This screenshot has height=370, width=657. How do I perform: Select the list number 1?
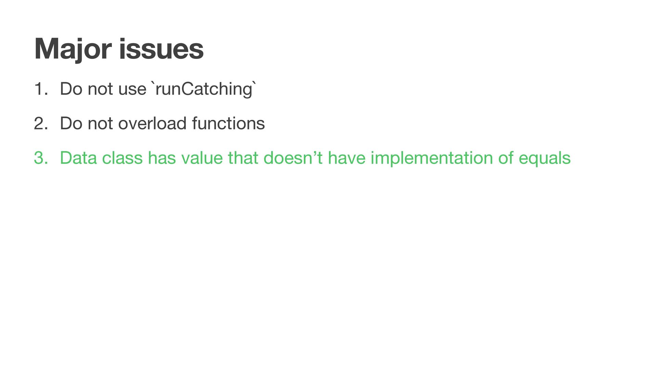pyautogui.click(x=41, y=89)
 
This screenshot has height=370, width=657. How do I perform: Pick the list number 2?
pyautogui.click(x=41, y=124)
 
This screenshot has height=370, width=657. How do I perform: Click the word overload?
pyautogui.click(x=152, y=123)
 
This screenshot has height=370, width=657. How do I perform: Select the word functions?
pyautogui.click(x=228, y=123)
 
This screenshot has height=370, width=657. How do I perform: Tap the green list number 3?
pyautogui.click(x=41, y=158)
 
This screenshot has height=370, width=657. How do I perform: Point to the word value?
pyautogui.click(x=202, y=158)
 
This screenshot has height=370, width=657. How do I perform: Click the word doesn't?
pyautogui.click(x=293, y=158)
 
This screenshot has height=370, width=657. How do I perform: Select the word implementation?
pyautogui.click(x=431, y=158)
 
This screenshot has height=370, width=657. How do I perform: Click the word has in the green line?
pyautogui.click(x=162, y=158)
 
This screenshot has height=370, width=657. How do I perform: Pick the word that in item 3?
pyautogui.click(x=243, y=158)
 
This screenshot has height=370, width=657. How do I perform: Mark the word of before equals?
pyautogui.click(x=505, y=158)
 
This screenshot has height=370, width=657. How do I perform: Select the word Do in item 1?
pyautogui.click(x=71, y=89)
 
